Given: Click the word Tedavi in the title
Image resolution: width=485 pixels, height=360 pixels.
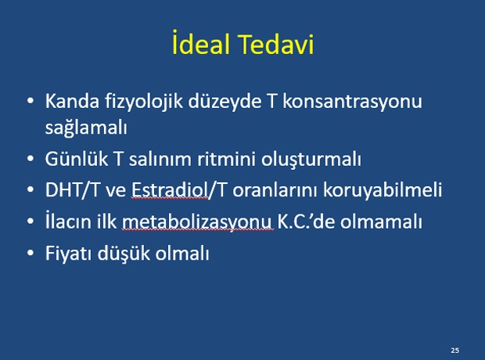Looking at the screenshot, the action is coord(277,44).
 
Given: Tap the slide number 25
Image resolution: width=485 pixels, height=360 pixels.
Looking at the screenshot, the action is coord(455,351).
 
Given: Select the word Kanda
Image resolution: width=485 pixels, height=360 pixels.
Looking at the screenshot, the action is coord(72,101).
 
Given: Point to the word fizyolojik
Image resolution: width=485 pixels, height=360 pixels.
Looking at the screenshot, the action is coord(144,101).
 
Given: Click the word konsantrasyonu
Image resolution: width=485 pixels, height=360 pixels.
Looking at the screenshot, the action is coord(352,102).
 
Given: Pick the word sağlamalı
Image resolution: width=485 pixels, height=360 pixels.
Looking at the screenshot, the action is coord(86,127).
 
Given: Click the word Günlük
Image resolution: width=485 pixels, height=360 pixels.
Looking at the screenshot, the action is coord(77,159).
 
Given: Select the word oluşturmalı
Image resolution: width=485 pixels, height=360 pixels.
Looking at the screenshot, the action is coord(311,160).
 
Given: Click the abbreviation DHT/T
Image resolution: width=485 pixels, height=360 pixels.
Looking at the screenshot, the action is coord(72,189).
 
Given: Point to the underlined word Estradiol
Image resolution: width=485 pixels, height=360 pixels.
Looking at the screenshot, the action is coord(170,189).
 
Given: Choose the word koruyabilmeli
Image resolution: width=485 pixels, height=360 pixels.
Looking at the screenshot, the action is coord(383,189).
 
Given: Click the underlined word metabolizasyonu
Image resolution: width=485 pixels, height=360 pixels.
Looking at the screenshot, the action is coord(198,222).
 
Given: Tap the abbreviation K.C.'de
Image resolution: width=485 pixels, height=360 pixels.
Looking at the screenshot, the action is coord(306,221).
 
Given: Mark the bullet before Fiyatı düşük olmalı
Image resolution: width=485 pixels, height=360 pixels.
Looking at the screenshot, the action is coord(31,253).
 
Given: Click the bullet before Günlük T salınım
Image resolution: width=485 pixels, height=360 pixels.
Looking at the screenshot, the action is coord(31,159).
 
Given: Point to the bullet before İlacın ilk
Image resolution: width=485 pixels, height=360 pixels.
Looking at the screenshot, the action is coord(31,221).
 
